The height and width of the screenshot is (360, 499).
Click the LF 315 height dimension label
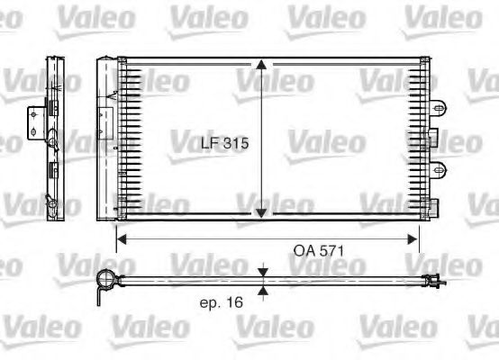coord(223,143)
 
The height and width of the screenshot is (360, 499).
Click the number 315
coord(235,143)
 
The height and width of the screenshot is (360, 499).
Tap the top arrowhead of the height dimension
coord(261,66)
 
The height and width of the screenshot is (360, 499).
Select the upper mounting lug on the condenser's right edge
coord(439,108)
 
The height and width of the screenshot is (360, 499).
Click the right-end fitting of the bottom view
coord(434,281)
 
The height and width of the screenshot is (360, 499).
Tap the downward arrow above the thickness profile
coord(261,272)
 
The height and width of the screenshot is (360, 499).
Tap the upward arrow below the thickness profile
coord(261,289)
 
